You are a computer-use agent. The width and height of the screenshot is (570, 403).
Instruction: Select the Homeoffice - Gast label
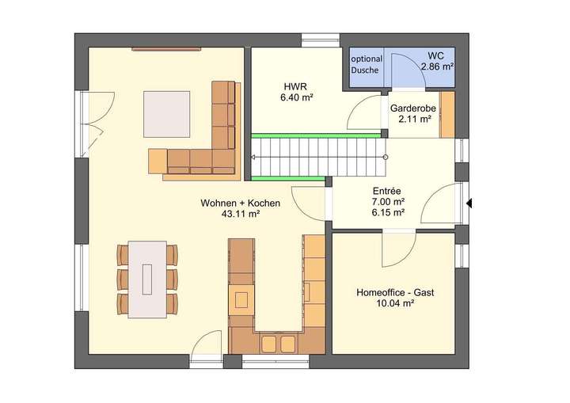tap(395, 292)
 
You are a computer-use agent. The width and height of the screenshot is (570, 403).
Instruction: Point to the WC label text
tap(435, 55)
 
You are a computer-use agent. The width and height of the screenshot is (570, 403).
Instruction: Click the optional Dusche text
tap(367, 64)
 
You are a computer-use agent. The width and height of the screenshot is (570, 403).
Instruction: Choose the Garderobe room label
tap(409, 108)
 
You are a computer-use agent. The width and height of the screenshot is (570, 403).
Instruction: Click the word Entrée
tap(387, 191)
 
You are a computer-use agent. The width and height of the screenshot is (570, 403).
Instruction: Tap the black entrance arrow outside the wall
tap(469, 203)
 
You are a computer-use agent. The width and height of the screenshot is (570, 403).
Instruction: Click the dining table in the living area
tap(147, 279)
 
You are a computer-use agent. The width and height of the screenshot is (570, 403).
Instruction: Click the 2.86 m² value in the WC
tap(436, 67)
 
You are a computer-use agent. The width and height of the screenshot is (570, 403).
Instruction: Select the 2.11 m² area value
tap(410, 120)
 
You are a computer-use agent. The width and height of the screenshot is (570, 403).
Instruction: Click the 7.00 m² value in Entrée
tap(388, 202)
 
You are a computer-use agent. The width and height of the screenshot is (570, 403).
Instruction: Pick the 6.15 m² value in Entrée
tap(388, 212)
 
